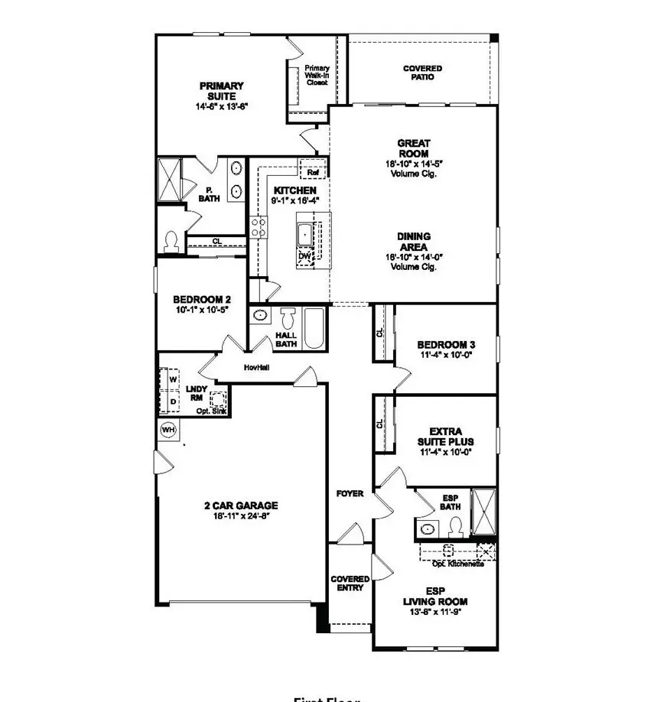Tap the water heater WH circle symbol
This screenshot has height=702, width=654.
168,431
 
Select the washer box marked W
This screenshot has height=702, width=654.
173,379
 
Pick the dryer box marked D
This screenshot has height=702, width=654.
173,401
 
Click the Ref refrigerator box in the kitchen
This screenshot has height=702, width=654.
313,173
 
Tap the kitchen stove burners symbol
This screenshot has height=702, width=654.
259,226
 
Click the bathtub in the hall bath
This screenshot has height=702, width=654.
314,328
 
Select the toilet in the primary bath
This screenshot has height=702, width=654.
171,242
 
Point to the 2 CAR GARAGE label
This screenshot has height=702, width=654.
240,505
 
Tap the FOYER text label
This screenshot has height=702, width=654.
350,494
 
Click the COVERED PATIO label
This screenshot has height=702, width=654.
422,73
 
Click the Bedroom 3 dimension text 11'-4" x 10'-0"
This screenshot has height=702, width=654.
447,356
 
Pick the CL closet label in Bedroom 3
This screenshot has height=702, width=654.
379,333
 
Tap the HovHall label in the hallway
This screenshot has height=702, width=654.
256,368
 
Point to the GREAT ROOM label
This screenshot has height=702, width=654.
413,148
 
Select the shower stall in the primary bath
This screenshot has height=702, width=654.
169,180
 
